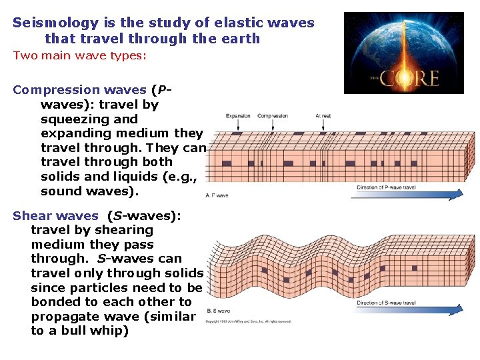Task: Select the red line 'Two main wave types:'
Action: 79,55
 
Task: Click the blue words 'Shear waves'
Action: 55,215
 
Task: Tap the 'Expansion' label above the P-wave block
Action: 238,116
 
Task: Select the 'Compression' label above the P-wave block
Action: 273,116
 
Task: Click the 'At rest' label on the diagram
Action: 323,116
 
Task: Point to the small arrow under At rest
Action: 323,125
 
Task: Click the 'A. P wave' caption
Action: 217,195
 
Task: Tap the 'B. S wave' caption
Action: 218,311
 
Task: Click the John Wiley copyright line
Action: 248,321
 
